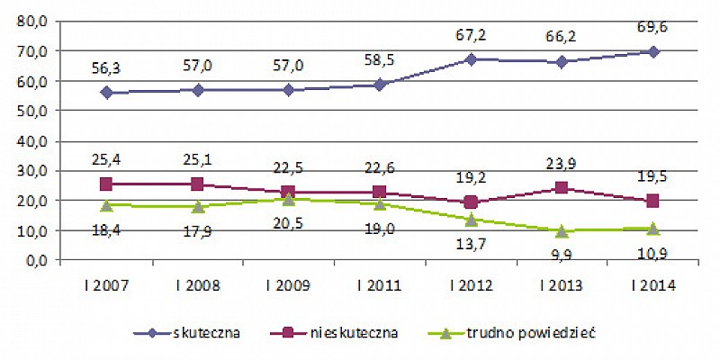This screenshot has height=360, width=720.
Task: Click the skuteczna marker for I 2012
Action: click(471, 59)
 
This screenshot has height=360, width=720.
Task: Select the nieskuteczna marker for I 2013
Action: click(562, 188)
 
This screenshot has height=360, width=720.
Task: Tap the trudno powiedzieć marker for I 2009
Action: click(288, 199)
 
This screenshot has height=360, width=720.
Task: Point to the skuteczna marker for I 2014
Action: click(653, 52)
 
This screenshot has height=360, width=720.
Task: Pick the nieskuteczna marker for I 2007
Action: click(106, 184)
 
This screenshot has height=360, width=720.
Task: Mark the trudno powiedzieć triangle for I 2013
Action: click(562, 230)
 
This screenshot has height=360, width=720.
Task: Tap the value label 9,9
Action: click(562, 253)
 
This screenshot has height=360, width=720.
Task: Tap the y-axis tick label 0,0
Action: click(37, 261)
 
